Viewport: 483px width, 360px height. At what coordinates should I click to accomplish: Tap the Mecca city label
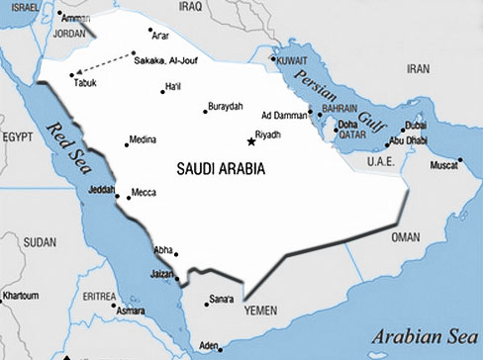coord(144,192)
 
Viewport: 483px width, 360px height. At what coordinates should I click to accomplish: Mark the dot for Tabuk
coord(71,74)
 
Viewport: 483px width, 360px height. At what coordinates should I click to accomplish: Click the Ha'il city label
coord(174,87)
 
